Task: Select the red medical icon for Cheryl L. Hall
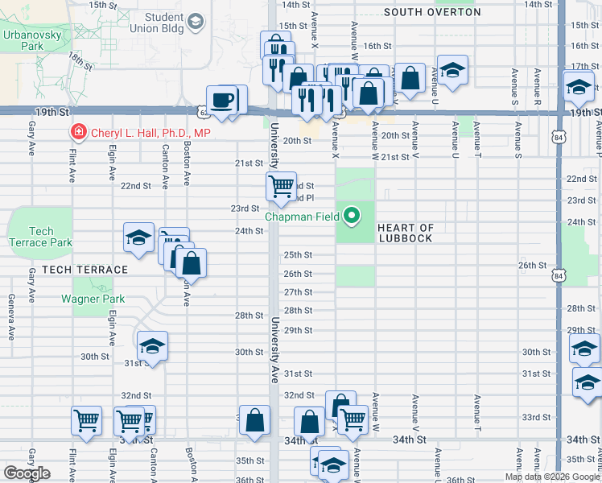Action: [79, 132]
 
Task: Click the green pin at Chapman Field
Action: [352, 215]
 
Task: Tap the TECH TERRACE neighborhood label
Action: [85, 270]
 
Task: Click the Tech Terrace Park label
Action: [39, 236]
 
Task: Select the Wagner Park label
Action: [93, 299]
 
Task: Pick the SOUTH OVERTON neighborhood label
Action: [432, 12]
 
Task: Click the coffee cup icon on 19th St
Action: [223, 100]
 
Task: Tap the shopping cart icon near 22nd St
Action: [281, 186]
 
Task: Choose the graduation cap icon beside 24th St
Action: [138, 237]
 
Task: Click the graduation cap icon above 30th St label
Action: [152, 346]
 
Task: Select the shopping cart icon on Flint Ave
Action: [86, 419]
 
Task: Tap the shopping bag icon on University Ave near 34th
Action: [254, 419]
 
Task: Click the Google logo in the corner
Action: [27, 473]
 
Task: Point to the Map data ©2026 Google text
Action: [552, 477]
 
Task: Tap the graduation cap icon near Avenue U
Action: [452, 70]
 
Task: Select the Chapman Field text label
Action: [305, 215]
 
